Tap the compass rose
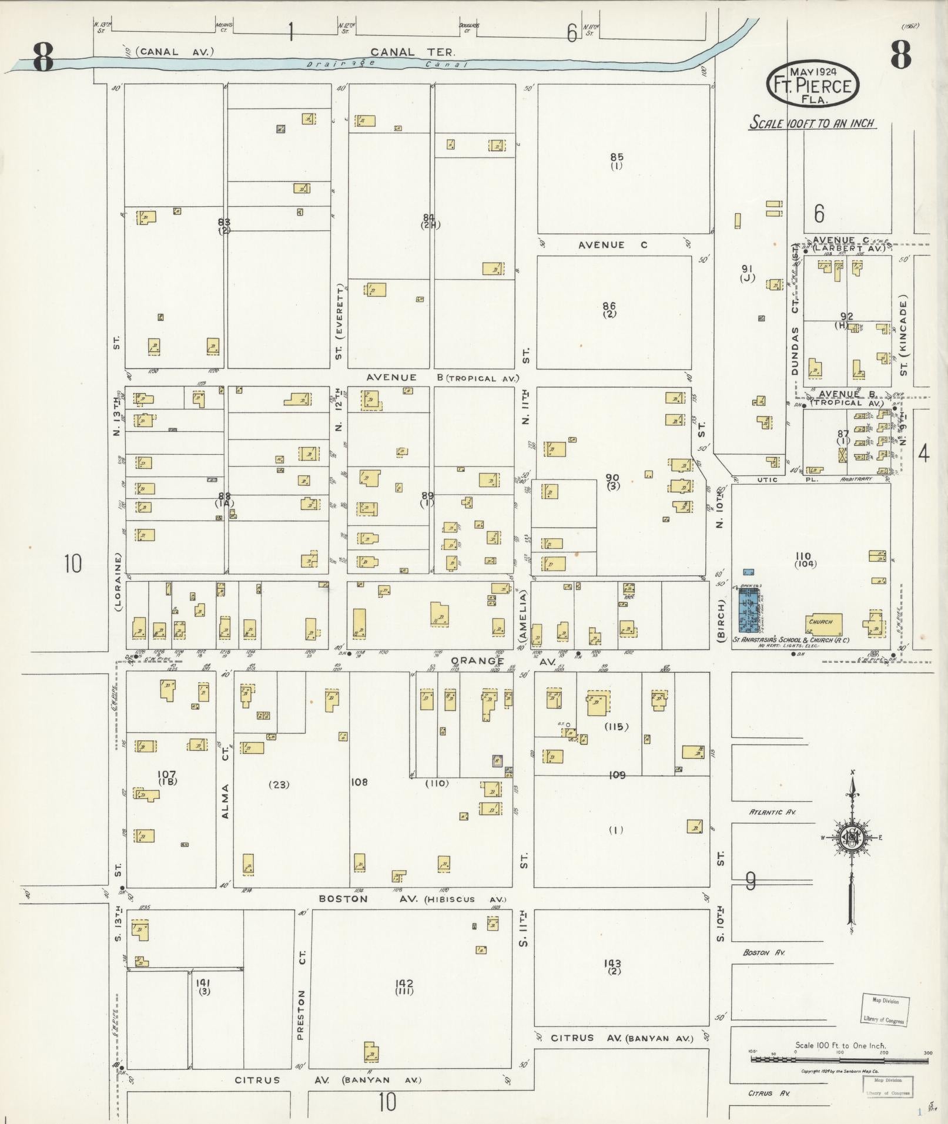click(x=852, y=837)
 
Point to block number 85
click(x=617, y=157)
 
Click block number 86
click(x=609, y=306)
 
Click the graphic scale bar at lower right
click(x=839, y=1059)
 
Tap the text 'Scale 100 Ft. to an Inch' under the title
click(x=812, y=123)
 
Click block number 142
click(x=404, y=984)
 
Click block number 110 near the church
click(x=803, y=556)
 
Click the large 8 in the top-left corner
click(x=43, y=57)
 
